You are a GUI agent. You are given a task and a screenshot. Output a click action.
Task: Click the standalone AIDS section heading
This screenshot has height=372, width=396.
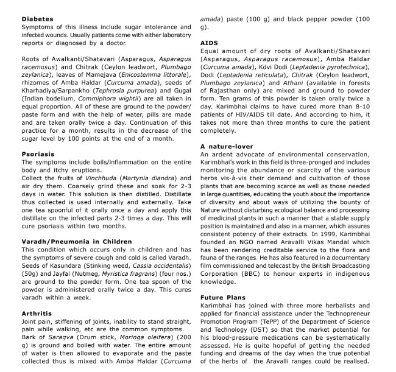(209, 43)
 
